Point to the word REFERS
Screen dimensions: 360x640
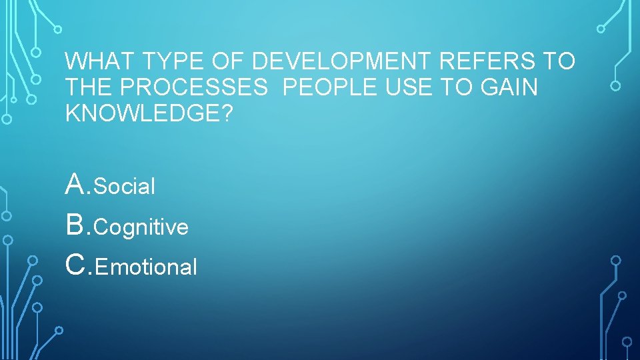click(488, 62)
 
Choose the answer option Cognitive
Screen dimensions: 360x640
click(141, 228)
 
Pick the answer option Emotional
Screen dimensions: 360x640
click(146, 267)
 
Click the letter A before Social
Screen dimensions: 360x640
click(75, 184)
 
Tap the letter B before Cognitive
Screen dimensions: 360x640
click(75, 225)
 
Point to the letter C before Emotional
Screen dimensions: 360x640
click(76, 265)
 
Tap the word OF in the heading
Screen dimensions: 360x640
click(230, 62)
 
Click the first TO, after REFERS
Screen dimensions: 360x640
click(559, 62)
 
